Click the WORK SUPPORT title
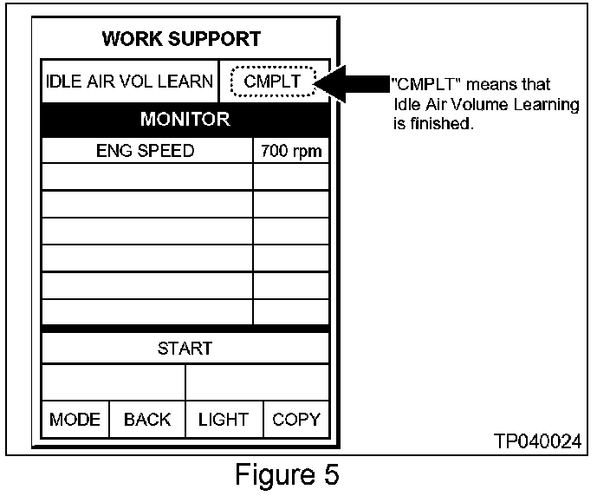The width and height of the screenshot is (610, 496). pos(181,39)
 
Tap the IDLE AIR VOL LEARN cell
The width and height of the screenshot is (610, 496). pos(129,82)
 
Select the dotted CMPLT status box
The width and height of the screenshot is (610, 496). pos(273,82)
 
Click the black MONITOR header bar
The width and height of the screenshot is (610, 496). pos(185,119)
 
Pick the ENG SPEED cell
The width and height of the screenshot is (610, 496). pos(146,151)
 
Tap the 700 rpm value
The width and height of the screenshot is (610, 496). pos(291,151)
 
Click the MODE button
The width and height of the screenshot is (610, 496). pos(75,420)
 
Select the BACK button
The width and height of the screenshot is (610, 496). pos(147,420)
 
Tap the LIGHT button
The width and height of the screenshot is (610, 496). pos(224,420)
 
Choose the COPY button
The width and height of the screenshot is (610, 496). pos(296,420)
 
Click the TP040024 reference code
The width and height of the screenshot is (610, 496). pos(537,441)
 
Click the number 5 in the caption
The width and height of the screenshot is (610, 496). pos(330,474)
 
